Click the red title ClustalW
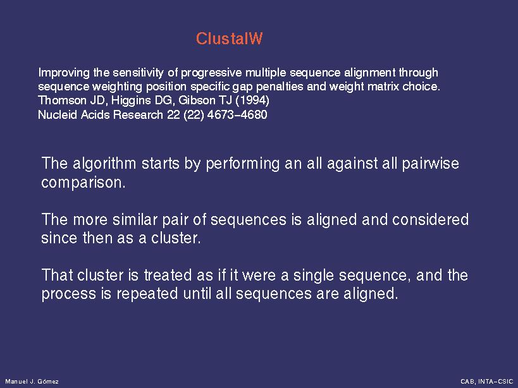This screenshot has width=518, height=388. pyautogui.click(x=229, y=39)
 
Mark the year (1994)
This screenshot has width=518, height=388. pyautogui.click(x=252, y=100)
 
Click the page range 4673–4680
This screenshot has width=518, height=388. pyautogui.click(x=237, y=114)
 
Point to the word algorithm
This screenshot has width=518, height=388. pyautogui.click(x=104, y=164)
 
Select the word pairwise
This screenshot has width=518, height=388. pyautogui.click(x=431, y=164)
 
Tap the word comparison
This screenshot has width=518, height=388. pyautogui.click(x=83, y=183)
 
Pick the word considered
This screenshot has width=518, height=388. pyautogui.click(x=430, y=219)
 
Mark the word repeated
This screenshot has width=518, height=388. pyautogui.click(x=147, y=294)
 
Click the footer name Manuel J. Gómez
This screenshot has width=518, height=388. pyautogui.click(x=32, y=382)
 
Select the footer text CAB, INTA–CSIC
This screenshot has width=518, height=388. pyautogui.click(x=486, y=382)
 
